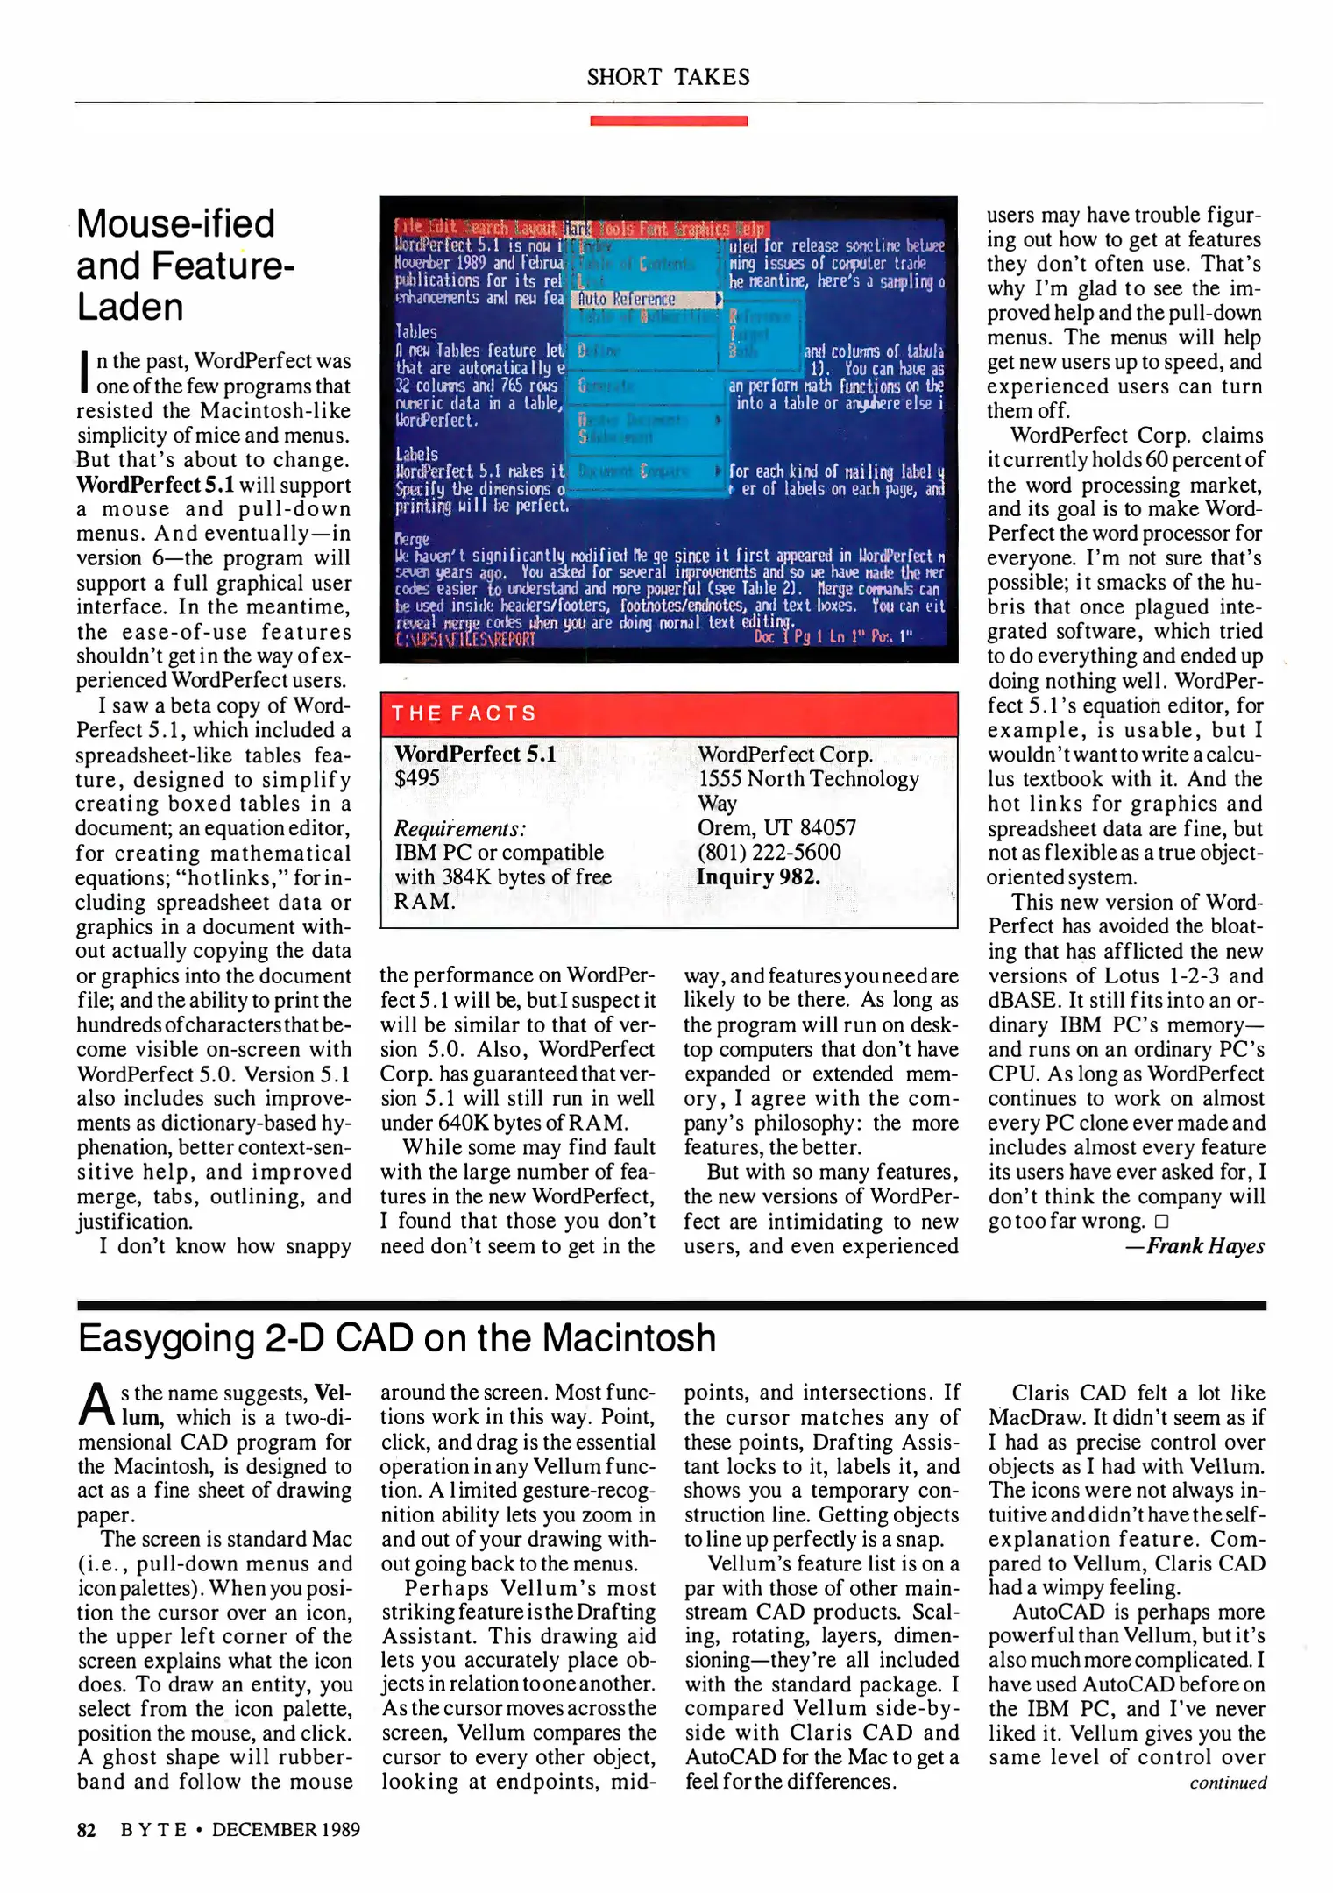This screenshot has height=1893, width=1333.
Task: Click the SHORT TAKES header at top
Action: (668, 77)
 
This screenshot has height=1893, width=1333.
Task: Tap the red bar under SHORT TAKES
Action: (668, 121)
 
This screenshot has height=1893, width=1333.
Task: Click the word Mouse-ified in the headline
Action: (175, 223)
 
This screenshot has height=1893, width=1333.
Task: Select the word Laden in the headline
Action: (130, 307)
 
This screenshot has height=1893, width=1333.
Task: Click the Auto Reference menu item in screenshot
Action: (626, 299)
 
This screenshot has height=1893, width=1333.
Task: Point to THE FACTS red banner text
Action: (464, 713)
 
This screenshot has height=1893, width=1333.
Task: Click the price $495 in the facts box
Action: (417, 777)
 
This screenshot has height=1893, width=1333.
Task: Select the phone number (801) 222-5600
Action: (769, 852)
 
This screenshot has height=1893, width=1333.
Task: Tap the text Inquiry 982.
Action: (757, 876)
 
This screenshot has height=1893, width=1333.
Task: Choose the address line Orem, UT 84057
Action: (776, 827)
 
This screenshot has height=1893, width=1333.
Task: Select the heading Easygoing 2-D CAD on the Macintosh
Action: (397, 1338)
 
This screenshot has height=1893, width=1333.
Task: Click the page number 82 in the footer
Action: (86, 1829)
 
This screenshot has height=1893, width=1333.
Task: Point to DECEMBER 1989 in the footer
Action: (286, 1829)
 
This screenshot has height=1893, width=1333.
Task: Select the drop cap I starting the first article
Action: (84, 372)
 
